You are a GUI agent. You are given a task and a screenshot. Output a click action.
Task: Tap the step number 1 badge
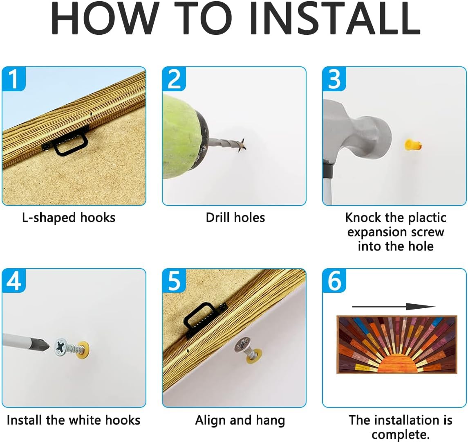point(14,79)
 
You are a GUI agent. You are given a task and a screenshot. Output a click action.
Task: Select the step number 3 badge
point(334,79)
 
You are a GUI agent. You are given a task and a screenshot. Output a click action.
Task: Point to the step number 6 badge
point(334,281)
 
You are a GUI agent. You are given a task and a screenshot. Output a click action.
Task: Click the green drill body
point(182,138)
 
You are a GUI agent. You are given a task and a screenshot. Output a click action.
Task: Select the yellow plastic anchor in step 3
point(413,145)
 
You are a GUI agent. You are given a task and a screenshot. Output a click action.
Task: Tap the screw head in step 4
point(62,347)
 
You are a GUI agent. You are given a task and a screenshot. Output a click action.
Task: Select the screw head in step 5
point(242,344)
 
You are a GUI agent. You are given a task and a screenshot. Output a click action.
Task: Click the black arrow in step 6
point(394,307)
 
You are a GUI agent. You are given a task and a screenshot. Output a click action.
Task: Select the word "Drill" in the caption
point(218,218)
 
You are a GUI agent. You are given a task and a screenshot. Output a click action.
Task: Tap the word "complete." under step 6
point(400,435)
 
